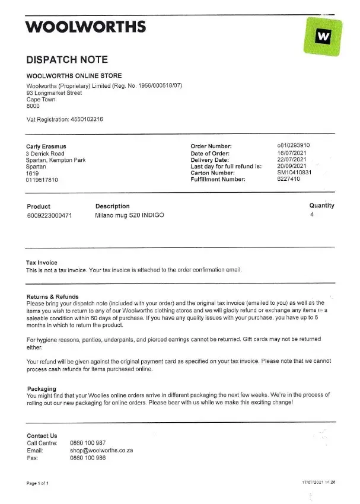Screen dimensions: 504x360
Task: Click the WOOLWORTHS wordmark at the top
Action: [x=86, y=26]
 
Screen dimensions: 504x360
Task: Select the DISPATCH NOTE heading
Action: [x=67, y=60]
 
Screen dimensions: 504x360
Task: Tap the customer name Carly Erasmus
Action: [x=46, y=146]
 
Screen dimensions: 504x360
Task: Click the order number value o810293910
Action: [x=294, y=146]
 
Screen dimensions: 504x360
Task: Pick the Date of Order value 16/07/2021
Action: [x=292, y=153]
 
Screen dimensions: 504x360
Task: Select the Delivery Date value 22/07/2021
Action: [x=292, y=160]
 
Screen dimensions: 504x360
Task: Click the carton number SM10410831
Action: [x=295, y=173]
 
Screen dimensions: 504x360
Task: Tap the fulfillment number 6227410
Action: [x=288, y=179]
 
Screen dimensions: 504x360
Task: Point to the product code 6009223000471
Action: [x=50, y=216]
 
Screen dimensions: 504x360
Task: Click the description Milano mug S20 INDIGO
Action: [x=129, y=216]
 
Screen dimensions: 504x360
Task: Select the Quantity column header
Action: [x=321, y=206]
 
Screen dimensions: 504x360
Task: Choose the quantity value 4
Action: [x=311, y=215]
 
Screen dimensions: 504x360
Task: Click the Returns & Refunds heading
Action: [x=53, y=296]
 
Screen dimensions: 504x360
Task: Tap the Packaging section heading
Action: [x=42, y=389]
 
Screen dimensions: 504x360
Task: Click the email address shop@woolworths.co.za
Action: [x=101, y=451]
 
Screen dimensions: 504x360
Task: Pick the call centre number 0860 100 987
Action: [x=88, y=443]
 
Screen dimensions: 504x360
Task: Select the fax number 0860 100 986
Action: [x=88, y=458]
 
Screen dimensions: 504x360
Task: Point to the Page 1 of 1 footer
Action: [x=38, y=483]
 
